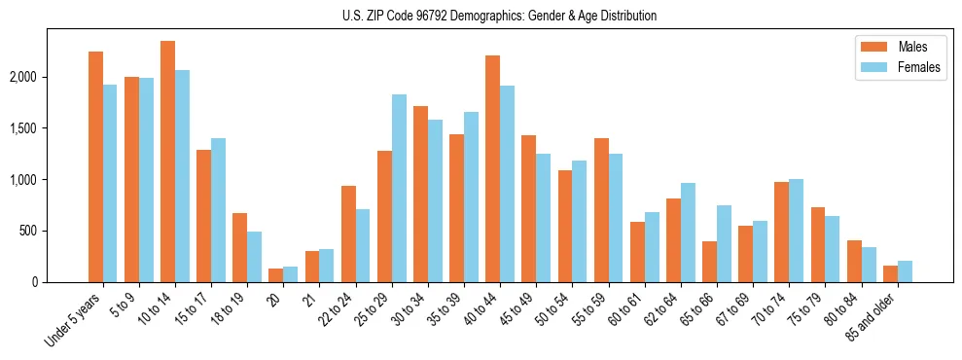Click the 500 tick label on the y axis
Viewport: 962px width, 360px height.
54,232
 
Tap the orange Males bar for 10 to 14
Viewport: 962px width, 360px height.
167,162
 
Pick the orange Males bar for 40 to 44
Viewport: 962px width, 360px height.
492,168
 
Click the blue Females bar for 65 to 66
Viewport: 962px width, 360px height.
723,243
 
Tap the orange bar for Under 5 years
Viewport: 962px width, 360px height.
95,166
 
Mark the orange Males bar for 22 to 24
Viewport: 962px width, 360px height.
348,234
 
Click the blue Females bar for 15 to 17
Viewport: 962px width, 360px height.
218,210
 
